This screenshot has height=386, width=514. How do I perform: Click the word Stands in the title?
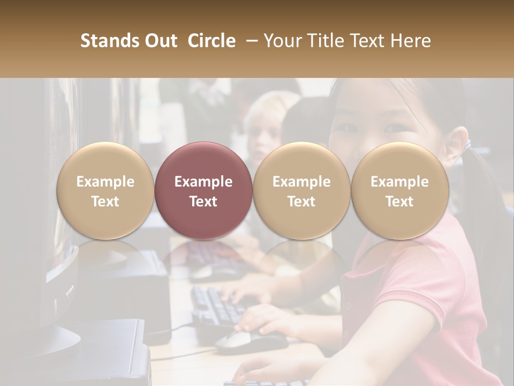pyautogui.click(x=110, y=41)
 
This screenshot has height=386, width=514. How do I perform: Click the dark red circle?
pyautogui.click(x=203, y=191)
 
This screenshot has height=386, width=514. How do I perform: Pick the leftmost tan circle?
pyautogui.click(x=105, y=191)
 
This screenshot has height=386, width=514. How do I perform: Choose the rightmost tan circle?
pyautogui.click(x=399, y=191)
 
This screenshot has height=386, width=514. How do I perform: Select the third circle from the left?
pyautogui.click(x=301, y=191)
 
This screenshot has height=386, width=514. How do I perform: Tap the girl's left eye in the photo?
pyautogui.click(x=396, y=128)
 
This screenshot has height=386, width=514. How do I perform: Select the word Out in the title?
pyautogui.click(x=161, y=41)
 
